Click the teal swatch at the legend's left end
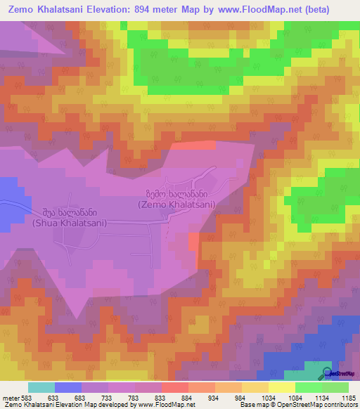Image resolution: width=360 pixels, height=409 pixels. coord(41,387)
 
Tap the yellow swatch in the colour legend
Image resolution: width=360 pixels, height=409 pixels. coord(282,387)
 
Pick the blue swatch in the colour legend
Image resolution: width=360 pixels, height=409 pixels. coord(68,387)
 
